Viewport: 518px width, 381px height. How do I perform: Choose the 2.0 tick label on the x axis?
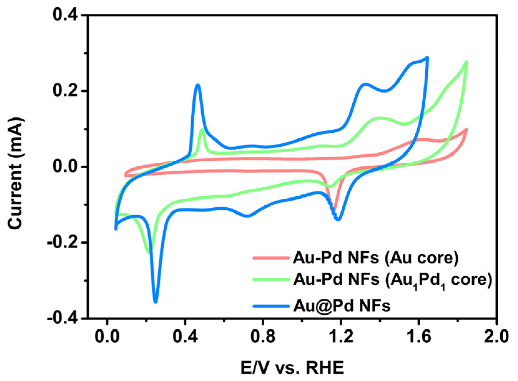pos(496,337)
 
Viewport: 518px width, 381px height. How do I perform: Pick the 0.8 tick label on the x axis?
pos(263,337)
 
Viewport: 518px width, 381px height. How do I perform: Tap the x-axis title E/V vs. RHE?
pos(292,368)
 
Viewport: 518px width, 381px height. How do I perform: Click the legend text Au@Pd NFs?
pos(342,306)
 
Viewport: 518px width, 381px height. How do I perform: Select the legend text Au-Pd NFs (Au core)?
pos(375,258)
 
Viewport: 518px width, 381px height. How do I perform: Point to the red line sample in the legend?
pos(271,258)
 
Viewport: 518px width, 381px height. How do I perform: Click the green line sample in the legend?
pos(271,279)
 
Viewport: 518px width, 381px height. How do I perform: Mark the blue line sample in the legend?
pos(271,306)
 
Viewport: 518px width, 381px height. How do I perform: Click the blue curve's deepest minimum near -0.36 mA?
pos(155,302)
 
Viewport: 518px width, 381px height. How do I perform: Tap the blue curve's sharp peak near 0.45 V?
pos(197,85)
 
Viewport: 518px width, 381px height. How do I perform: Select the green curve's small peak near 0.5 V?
pos(203,129)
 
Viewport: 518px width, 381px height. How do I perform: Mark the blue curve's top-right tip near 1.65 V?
pos(427,58)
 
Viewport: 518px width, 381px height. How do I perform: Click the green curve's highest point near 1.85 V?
pos(466,62)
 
